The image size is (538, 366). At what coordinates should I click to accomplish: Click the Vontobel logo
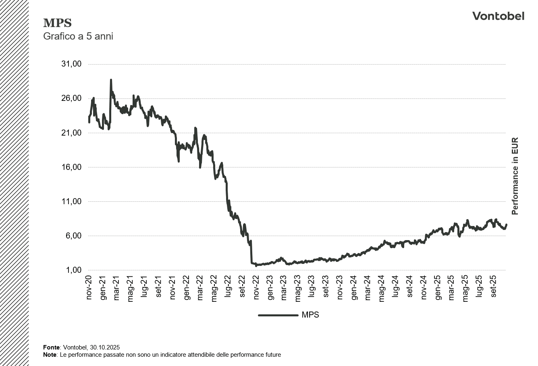(498, 16)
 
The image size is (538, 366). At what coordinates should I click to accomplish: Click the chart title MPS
(57, 23)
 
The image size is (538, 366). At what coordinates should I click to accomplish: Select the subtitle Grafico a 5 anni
(78, 36)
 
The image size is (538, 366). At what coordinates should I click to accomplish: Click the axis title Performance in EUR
(515, 176)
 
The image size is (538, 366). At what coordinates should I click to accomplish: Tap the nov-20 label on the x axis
(89, 288)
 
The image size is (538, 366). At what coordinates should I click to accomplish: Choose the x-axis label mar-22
(201, 288)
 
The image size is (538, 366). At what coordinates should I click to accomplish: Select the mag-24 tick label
(382, 288)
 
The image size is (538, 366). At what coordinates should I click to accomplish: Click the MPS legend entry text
(310, 315)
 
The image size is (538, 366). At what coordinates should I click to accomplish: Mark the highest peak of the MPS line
(111, 80)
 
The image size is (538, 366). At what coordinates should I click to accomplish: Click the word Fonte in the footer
(51, 347)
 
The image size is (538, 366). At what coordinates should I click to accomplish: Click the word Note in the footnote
(50, 355)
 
